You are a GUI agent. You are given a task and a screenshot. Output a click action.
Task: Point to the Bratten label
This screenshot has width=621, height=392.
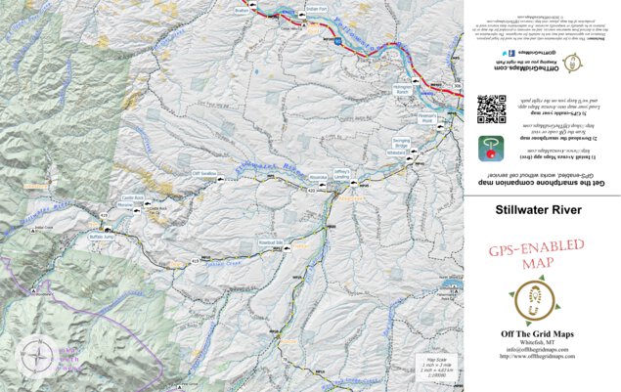pyautogui.click(x=242, y=10)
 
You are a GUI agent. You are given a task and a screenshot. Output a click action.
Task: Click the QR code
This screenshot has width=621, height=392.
pyautogui.click(x=491, y=109)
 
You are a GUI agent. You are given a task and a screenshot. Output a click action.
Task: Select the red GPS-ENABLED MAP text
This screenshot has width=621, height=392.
pyautogui.click(x=537, y=256)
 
